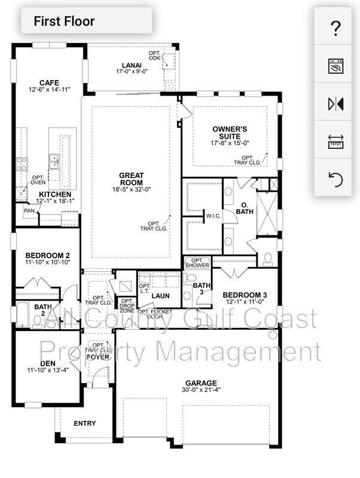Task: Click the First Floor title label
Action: pos(64,22)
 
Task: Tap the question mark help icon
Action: pos(335,27)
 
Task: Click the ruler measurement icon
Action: pos(335,141)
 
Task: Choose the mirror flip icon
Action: pos(335,103)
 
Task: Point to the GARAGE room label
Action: pos(201,383)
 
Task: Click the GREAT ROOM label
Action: pos(131,179)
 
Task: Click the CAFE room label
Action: pos(49,82)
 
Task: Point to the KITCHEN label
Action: pos(55,195)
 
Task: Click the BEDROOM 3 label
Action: pos(245,295)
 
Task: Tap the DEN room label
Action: pos(48,363)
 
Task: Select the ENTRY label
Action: pos(84,424)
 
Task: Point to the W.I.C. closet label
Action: pos(214,216)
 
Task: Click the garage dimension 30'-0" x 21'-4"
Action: pos(201,391)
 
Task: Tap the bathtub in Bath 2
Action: pos(22,314)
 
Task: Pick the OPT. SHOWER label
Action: pos(197,262)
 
